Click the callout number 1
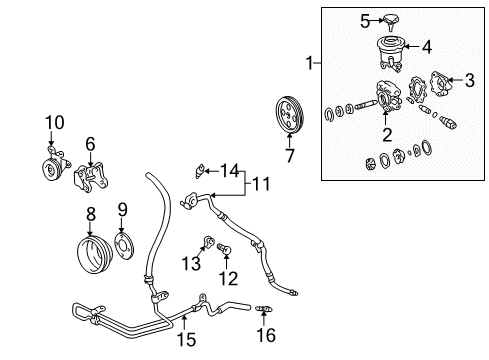point(314,63)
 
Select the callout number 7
point(291,157)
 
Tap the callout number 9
point(123,209)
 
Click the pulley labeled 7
point(289,116)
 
